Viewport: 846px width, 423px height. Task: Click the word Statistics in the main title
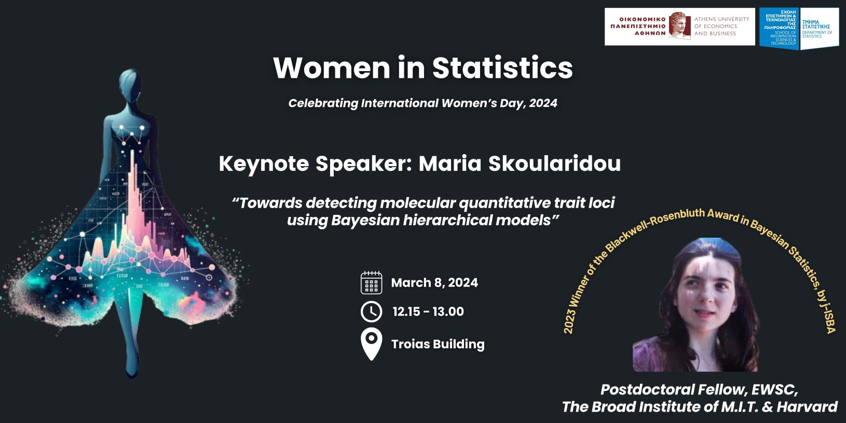coord(502,68)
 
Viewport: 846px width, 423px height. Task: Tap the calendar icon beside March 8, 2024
coord(371,282)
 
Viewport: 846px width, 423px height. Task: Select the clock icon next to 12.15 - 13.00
coord(371,311)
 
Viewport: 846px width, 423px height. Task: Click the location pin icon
coord(371,344)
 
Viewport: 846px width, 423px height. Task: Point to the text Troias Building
coord(438,344)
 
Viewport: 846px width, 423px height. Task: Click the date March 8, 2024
coord(434,282)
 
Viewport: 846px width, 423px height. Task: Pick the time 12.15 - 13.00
coord(428,311)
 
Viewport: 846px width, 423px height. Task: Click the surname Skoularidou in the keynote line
coord(554,163)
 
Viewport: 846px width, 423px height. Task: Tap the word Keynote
coord(264,165)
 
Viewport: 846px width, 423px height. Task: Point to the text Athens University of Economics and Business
coord(721,26)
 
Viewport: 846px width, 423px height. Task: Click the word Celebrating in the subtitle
coord(323,103)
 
